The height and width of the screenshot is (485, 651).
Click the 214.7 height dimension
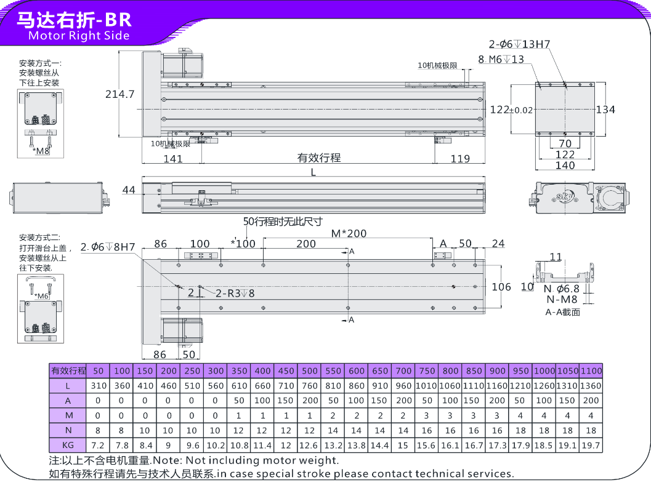click(119, 94)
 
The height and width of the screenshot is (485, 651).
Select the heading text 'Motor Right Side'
click(79, 35)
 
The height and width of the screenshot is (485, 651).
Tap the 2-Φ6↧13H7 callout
click(519, 44)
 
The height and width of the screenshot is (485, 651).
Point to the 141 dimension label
click(173, 159)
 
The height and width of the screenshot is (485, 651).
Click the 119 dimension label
click(460, 159)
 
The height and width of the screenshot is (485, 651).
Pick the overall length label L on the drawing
click(313, 173)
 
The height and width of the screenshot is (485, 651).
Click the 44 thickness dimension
click(128, 190)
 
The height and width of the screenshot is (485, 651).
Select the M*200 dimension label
click(349, 234)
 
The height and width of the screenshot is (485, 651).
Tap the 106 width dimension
click(502, 286)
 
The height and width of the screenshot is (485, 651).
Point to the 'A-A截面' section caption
click(562, 312)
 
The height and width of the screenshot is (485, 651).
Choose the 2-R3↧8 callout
click(235, 294)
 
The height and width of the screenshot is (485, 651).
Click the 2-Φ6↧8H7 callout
click(108, 247)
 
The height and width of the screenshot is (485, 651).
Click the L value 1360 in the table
click(591, 386)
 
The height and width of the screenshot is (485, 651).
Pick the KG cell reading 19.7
click(591, 445)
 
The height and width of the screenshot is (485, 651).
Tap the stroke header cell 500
click(310, 371)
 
